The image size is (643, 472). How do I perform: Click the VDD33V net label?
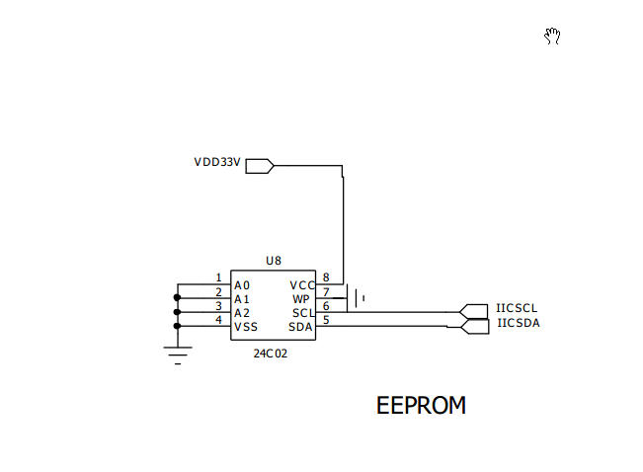[x=217, y=162]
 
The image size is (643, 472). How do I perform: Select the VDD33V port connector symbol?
[x=260, y=166]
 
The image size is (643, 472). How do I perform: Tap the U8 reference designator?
[x=274, y=261]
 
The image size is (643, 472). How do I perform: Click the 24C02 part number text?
[x=271, y=354]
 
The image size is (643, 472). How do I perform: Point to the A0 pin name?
[x=242, y=285]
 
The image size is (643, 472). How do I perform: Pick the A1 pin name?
[x=242, y=299]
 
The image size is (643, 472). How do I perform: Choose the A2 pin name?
[x=242, y=313]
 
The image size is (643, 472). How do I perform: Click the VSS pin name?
[x=246, y=327]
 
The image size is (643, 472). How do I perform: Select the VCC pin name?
[x=302, y=285]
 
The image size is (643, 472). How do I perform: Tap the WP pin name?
[x=301, y=299]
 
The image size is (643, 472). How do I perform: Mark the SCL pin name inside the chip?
[x=303, y=313]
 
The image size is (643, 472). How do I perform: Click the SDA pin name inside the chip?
[x=300, y=327]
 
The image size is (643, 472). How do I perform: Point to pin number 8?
[x=326, y=278]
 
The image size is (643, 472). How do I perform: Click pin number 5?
[x=326, y=320]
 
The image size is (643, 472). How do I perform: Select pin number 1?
[x=218, y=278]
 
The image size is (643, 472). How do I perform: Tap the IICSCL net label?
[x=517, y=308]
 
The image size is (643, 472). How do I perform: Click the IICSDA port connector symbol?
[x=474, y=327]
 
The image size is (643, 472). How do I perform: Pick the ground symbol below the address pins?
[x=178, y=355]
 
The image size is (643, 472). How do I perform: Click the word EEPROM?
[x=421, y=406]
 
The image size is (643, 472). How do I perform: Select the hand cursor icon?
[x=552, y=37]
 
